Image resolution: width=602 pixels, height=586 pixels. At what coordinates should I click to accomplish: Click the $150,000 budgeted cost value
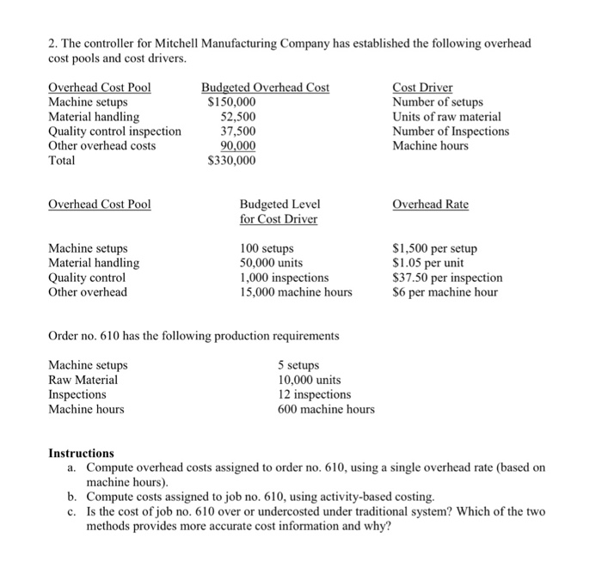(x=232, y=102)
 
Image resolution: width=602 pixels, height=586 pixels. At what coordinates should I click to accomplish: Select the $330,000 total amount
(x=232, y=161)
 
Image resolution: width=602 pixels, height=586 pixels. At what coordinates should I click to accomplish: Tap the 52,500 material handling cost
(x=238, y=117)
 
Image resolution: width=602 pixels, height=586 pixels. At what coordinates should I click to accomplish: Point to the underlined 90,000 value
(x=238, y=146)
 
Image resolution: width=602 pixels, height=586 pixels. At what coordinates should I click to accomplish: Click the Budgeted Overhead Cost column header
(x=265, y=88)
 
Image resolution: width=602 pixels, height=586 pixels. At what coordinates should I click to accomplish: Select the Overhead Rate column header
(x=430, y=204)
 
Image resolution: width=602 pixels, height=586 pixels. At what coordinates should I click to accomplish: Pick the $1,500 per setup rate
(x=434, y=249)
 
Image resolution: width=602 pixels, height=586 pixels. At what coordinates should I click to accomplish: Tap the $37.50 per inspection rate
(x=447, y=278)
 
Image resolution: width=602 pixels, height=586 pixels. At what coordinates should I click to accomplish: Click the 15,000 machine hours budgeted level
(x=296, y=292)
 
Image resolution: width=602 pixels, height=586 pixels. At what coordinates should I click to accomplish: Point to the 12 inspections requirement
(x=314, y=394)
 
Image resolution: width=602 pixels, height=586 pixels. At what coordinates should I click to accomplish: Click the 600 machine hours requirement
(x=326, y=409)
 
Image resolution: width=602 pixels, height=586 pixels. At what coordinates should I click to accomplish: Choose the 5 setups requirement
(x=299, y=365)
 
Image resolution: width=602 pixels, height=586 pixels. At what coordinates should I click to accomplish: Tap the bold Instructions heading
(x=81, y=453)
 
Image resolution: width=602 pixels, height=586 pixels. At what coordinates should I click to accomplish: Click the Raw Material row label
(x=83, y=380)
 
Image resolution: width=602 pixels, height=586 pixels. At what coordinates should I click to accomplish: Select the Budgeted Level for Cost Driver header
(x=279, y=211)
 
